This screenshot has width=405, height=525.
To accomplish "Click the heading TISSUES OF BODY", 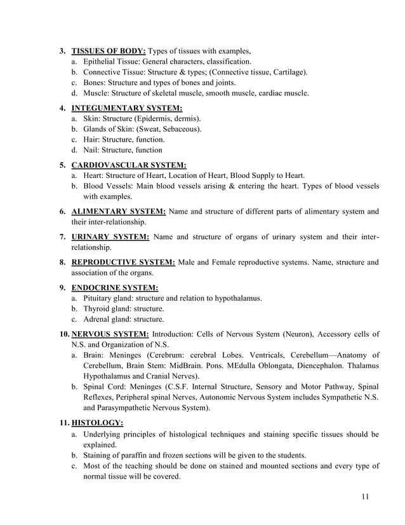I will point(109,50).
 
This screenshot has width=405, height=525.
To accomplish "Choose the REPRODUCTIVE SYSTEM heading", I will point(123,261).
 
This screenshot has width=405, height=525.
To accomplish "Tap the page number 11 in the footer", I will point(364,496).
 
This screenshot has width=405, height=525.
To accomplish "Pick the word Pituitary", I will point(100,297).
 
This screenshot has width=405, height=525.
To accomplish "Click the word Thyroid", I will point(98,308).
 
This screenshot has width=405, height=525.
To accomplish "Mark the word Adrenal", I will point(98,319).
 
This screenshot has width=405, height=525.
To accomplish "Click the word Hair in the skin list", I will point(92,139).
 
